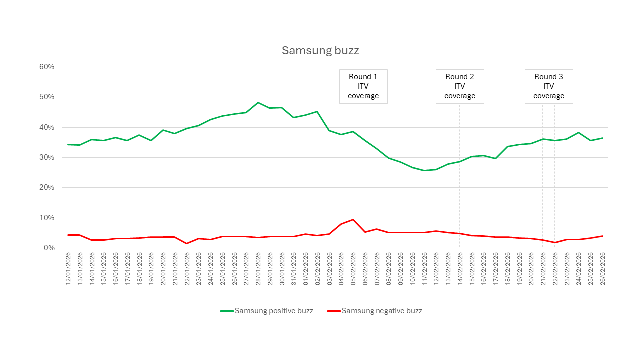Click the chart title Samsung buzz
(x=320, y=50)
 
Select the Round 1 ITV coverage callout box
(x=363, y=86)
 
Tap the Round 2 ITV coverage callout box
(x=460, y=86)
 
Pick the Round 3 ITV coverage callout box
(x=548, y=86)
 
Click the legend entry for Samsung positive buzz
(x=267, y=311)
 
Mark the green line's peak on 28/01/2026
(x=258, y=103)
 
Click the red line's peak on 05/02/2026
(x=353, y=219)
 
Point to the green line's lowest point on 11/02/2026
(x=424, y=170)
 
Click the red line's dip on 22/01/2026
(x=187, y=243)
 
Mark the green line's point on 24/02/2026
(x=578, y=133)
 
